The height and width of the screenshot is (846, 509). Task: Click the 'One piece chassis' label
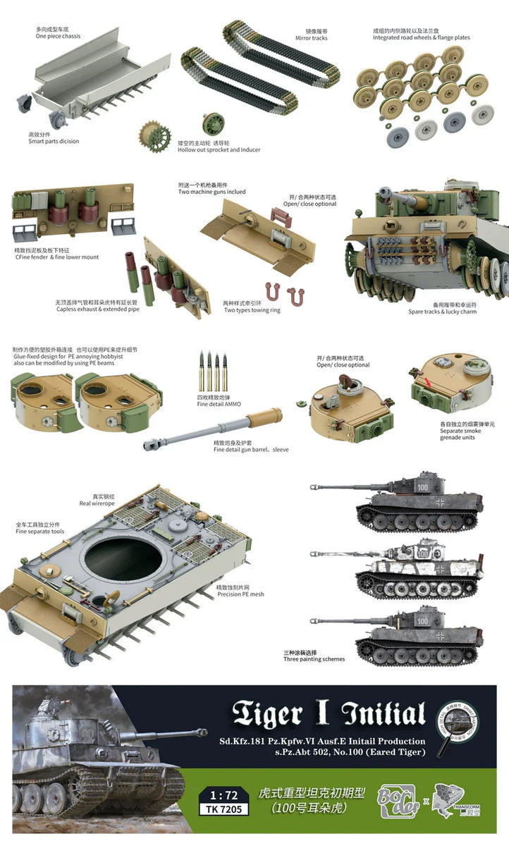coord(56,36)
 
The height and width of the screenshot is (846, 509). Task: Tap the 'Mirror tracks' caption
coord(311,38)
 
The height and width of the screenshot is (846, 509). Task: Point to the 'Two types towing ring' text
coord(252,310)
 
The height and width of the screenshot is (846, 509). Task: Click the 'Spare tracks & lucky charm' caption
coord(442,312)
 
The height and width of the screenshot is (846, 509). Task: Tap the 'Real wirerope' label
coord(97,503)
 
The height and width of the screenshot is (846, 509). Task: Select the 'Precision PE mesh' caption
coord(240,594)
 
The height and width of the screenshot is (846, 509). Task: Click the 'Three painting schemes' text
coord(314,658)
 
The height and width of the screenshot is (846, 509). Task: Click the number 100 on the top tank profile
coord(422,486)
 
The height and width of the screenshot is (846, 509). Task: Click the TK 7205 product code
coord(224,809)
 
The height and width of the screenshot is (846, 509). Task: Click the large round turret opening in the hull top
coord(123,559)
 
